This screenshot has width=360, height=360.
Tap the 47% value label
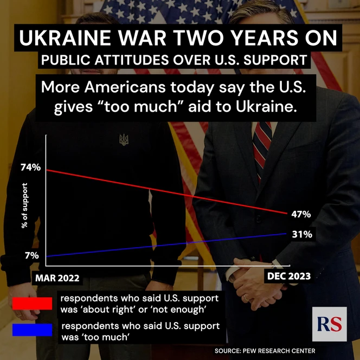(301, 214)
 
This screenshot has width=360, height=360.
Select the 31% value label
(301, 234)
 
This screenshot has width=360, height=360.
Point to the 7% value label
(31, 255)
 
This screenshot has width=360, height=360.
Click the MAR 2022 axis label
(57, 278)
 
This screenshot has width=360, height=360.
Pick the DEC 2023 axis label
(289, 276)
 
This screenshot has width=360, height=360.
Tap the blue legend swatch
(32, 330)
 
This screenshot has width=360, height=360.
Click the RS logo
(329, 324)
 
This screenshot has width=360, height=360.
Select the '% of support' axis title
(24, 209)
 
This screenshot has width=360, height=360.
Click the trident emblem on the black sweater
(124, 140)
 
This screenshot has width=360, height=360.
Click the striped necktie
(262, 144)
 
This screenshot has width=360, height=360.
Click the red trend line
(163, 191)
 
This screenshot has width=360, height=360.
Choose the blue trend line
(163, 245)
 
